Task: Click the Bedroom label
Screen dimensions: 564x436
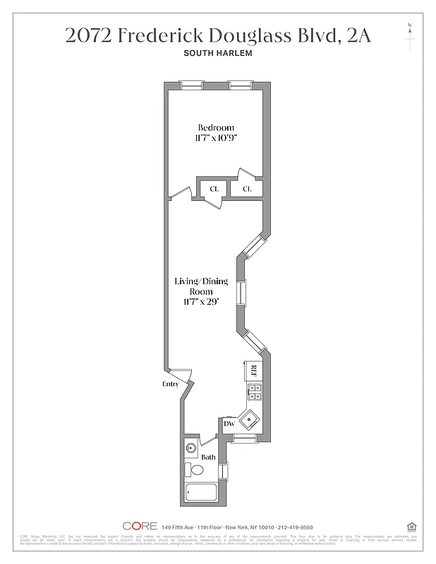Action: click(x=215, y=128)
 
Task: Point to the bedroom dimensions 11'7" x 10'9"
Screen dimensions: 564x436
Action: click(x=215, y=138)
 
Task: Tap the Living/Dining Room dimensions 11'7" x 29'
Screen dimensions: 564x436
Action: click(x=201, y=302)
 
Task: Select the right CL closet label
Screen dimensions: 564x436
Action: click(x=247, y=189)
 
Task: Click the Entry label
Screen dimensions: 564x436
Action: click(x=170, y=384)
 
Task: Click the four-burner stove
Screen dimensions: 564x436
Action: click(x=254, y=393)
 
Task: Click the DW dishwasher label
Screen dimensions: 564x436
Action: click(x=229, y=424)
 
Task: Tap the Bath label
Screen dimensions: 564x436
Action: click(x=208, y=458)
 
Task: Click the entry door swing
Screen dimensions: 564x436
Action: click(x=182, y=375)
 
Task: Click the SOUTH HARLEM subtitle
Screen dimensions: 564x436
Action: click(x=217, y=54)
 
